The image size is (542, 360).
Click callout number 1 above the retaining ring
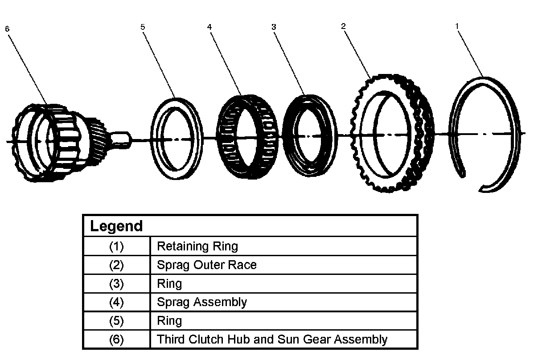pyautogui.click(x=457, y=26)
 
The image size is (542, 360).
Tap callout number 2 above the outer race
pyautogui.click(x=343, y=26)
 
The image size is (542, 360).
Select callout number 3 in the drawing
pyautogui.click(x=274, y=27)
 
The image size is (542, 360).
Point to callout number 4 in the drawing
pyautogui.click(x=209, y=27)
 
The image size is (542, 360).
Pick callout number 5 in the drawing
pyautogui.click(x=143, y=27)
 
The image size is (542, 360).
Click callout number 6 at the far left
pyautogui.click(x=7, y=29)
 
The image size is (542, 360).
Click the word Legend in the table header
pyautogui.click(x=116, y=226)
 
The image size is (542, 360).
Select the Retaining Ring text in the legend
pyautogui.click(x=197, y=246)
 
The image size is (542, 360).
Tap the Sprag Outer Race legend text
pyautogui.click(x=207, y=265)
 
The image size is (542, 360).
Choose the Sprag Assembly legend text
pyautogui.click(x=202, y=302)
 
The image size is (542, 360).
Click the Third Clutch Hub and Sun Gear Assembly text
pyautogui.click(x=272, y=340)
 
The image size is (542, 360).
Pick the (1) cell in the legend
pyautogui.click(x=116, y=246)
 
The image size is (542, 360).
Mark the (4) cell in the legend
pyautogui.click(x=116, y=302)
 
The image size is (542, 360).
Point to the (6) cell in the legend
pyautogui.click(x=116, y=340)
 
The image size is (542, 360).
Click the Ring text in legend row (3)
pyautogui.click(x=169, y=284)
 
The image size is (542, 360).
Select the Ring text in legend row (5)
pyautogui.click(x=169, y=321)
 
